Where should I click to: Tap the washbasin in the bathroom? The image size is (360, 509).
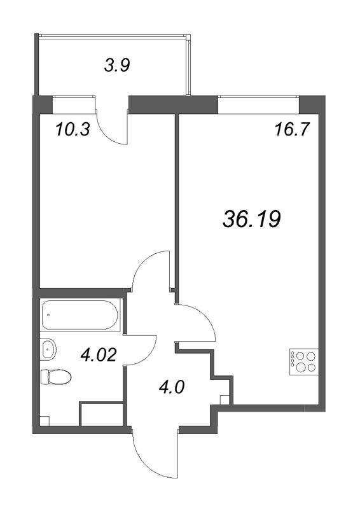point(48,349)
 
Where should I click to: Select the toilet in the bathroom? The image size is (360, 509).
point(55,377)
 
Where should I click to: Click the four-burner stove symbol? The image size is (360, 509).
point(303,361)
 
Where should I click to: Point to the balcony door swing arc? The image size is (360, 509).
point(114,130)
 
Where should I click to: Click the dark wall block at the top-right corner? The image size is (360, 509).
point(310,104)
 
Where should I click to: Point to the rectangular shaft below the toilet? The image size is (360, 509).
point(102,414)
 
